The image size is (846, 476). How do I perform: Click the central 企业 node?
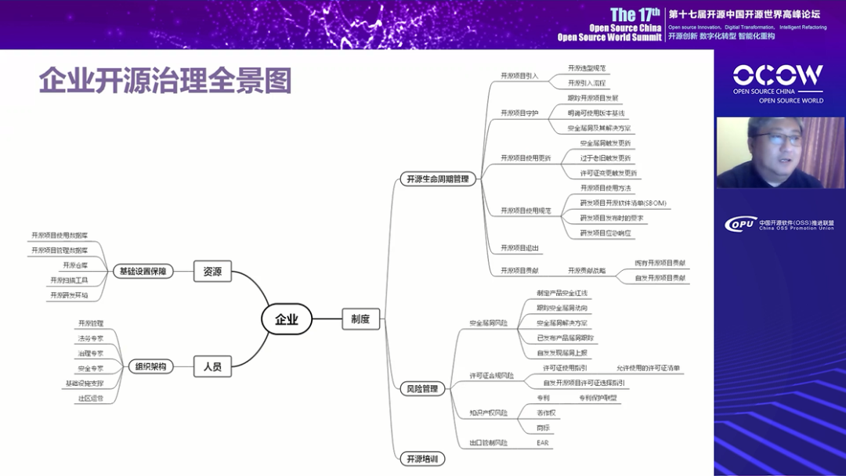286,319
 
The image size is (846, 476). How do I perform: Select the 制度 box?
360,319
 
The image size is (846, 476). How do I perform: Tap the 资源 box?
212,272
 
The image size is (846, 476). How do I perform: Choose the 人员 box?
212,366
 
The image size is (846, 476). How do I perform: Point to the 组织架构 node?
150,366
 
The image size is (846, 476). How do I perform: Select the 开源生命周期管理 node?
437,178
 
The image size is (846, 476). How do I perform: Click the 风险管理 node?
421,388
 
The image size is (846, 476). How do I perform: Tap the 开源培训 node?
421,458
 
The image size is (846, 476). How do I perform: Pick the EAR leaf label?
542,443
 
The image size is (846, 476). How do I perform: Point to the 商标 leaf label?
543,428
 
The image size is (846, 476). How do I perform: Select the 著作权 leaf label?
546,413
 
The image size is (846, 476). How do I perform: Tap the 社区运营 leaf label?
90,398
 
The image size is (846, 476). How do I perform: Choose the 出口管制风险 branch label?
488,443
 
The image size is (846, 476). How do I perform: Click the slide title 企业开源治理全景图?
165,81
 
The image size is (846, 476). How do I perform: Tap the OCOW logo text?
778,75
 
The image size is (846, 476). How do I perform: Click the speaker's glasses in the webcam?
773,139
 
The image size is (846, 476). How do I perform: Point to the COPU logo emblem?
739,223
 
